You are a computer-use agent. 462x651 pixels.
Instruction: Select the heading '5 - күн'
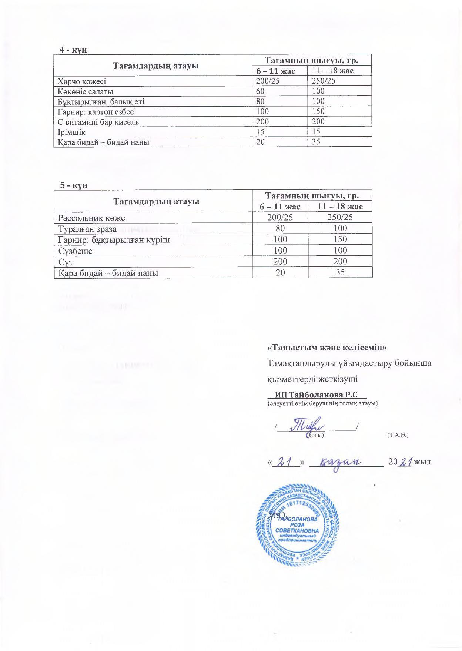(74, 185)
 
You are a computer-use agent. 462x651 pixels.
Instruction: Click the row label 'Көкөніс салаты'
(85, 91)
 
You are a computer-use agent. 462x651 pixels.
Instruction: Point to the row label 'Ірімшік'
(71, 132)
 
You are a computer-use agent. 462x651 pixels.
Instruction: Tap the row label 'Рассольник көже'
(91, 218)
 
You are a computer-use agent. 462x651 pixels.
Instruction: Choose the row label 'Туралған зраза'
(87, 229)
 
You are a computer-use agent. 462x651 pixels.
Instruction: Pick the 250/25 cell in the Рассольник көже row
(340, 218)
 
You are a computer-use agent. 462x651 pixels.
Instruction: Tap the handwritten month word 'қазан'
(340, 462)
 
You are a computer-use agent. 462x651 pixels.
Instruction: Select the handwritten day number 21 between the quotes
(285, 462)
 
